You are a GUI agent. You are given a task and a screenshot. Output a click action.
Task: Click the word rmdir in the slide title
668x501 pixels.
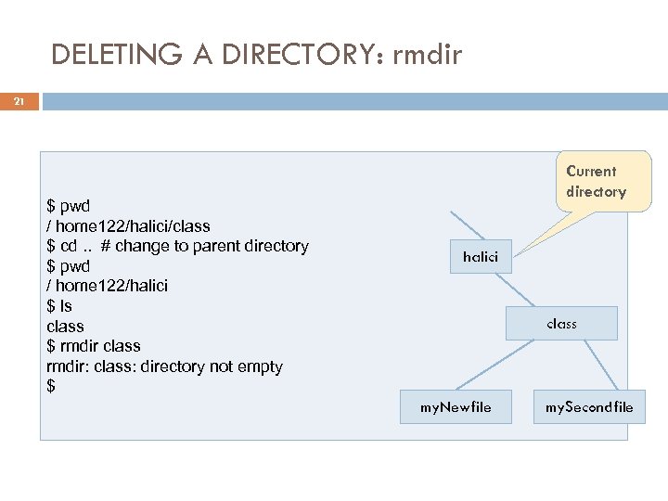point(428,55)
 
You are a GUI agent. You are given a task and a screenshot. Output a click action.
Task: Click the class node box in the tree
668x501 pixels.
point(561,324)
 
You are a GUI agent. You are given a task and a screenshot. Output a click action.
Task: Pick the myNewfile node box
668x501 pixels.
point(455,406)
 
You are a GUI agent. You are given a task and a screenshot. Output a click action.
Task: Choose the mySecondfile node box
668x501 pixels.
point(589,406)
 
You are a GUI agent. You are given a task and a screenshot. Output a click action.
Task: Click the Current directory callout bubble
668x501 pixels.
point(596,182)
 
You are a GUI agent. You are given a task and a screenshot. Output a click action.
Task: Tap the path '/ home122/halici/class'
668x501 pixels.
point(128,225)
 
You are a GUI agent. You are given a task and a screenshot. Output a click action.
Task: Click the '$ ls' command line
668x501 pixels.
point(59,306)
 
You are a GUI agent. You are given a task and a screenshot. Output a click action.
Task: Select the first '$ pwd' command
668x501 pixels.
point(68,206)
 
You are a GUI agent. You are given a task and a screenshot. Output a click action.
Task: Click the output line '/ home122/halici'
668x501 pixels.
point(107,286)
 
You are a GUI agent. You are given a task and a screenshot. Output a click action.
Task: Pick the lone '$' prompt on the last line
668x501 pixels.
point(51,387)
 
